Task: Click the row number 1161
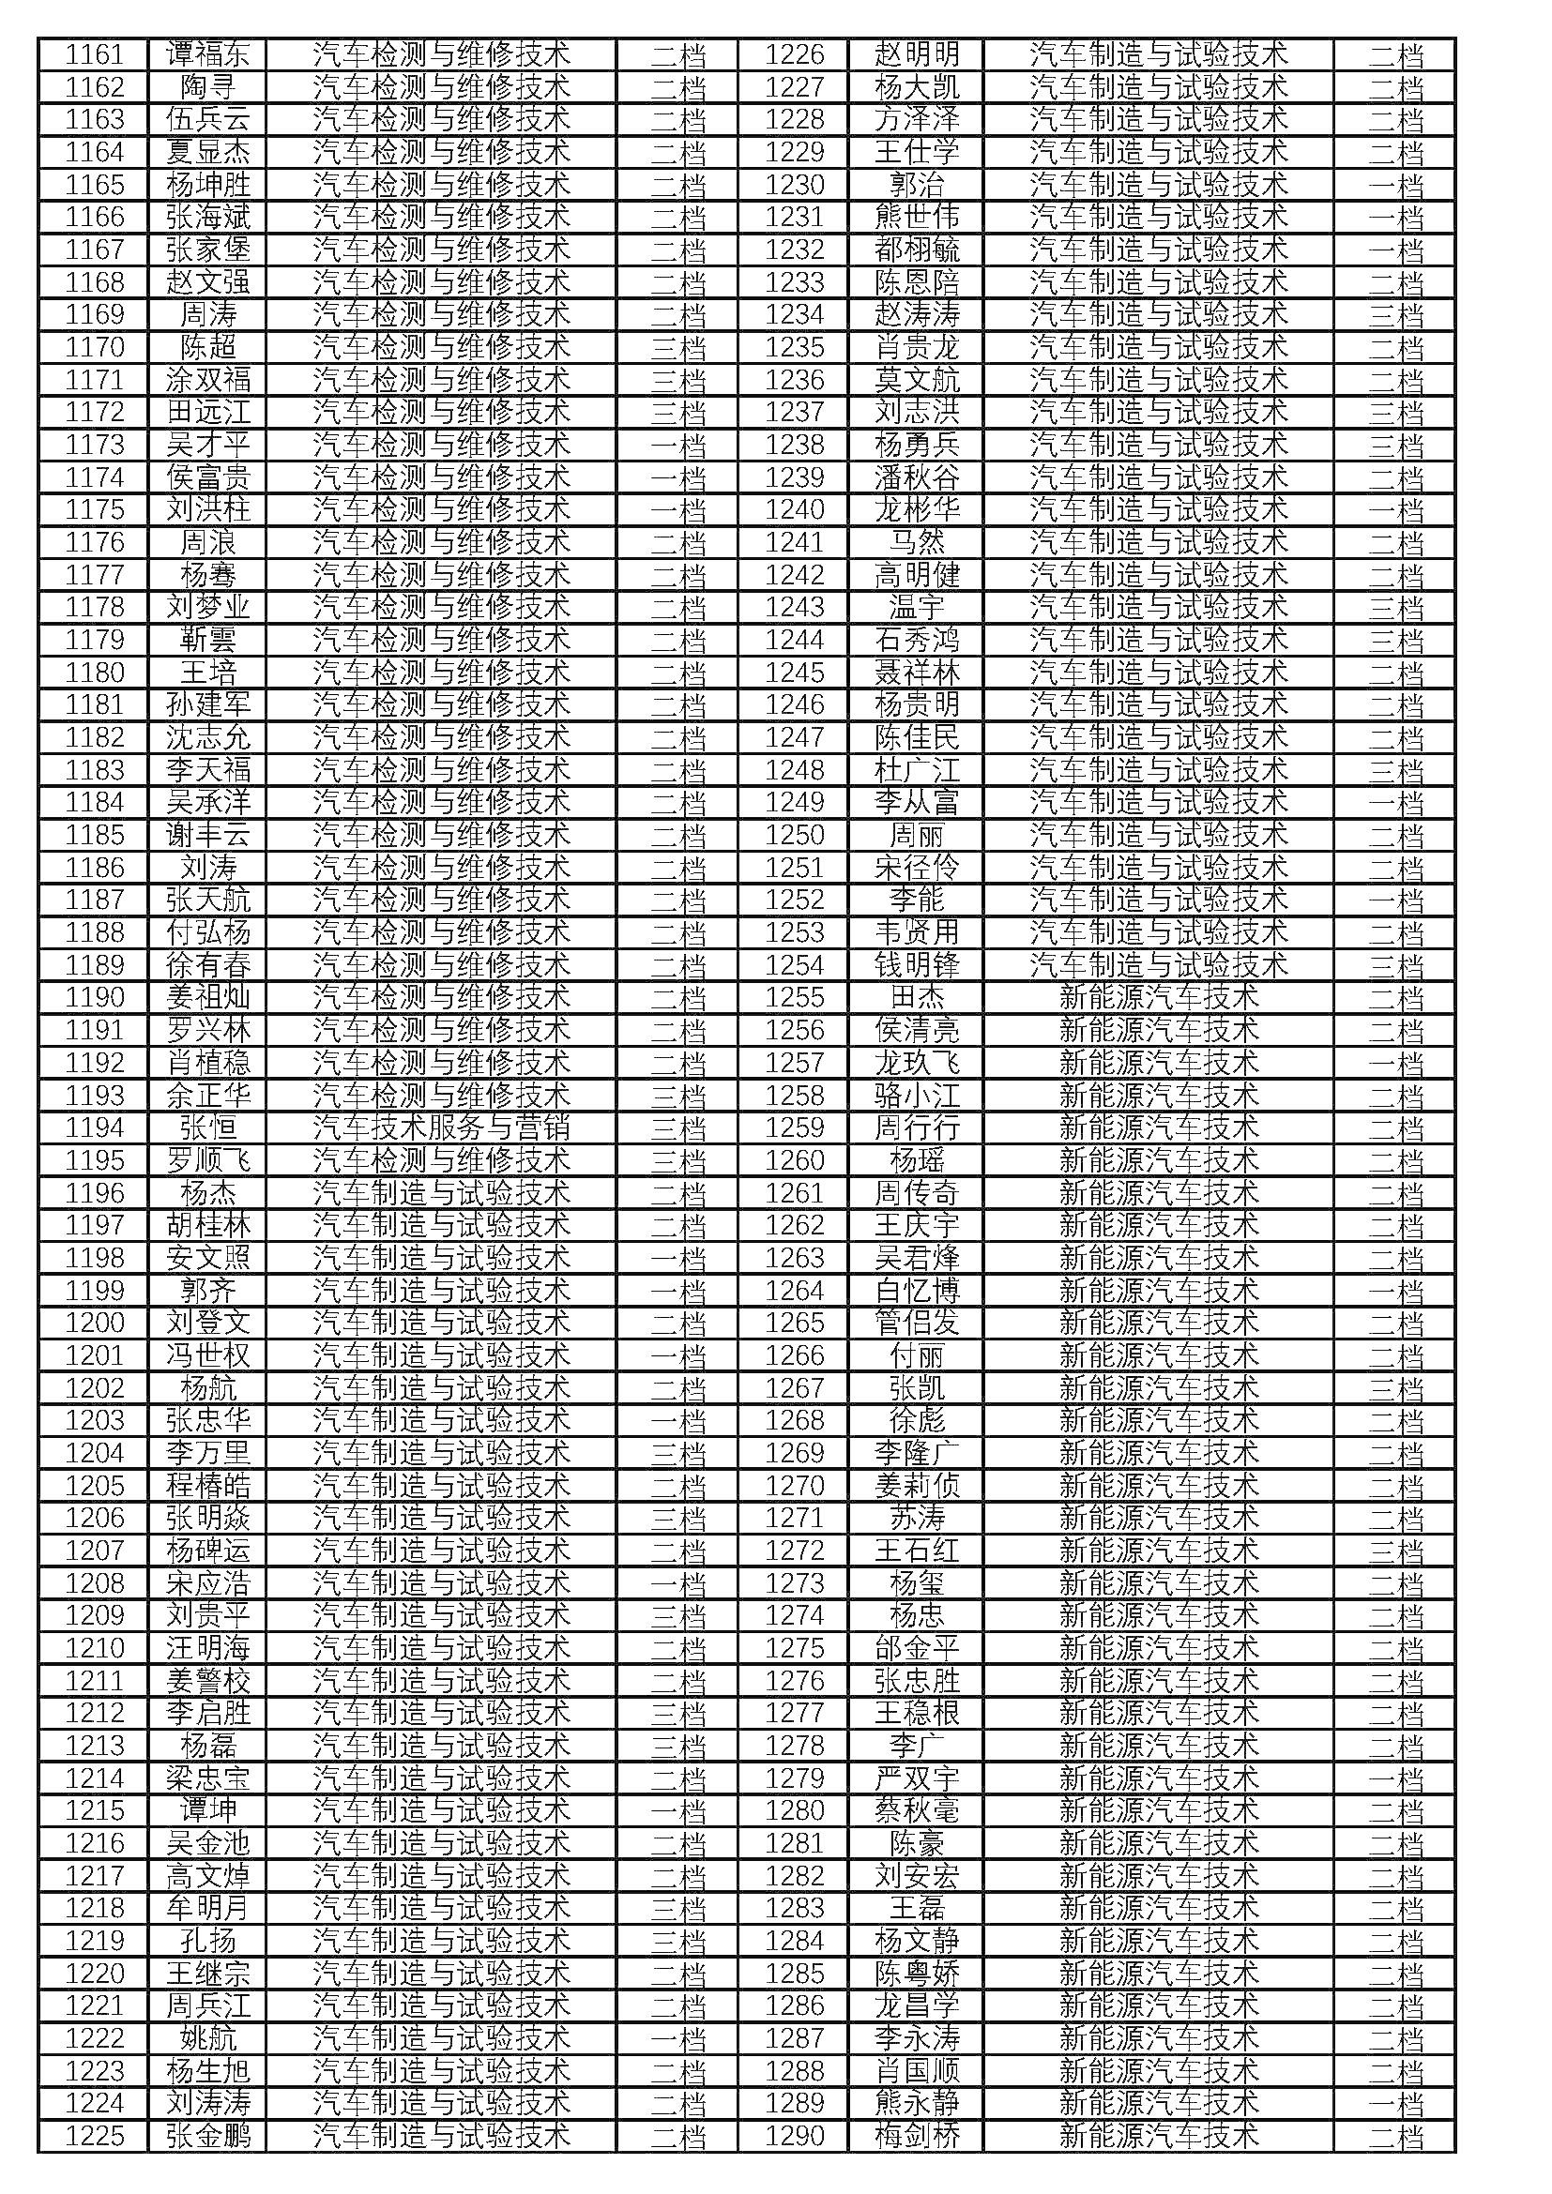tap(95, 54)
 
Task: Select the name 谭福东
tap(207, 54)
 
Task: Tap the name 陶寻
tap(207, 87)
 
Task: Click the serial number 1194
tap(95, 1127)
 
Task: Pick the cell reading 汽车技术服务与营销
tap(442, 1127)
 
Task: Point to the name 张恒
tap(207, 1127)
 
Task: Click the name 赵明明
tap(917, 54)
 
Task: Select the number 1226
tap(794, 54)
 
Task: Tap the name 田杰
tap(917, 998)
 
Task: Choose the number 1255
tap(794, 998)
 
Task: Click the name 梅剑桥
tap(917, 2136)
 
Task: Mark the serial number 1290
tap(794, 2136)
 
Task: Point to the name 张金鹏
tap(207, 2136)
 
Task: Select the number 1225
tap(95, 2136)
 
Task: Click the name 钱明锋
tap(917, 965)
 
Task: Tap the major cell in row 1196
tap(442, 1192)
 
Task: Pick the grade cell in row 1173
tap(677, 446)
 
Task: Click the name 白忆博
tap(917, 1290)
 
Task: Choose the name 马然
tap(917, 543)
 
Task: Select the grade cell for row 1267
tap(1395, 1387)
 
